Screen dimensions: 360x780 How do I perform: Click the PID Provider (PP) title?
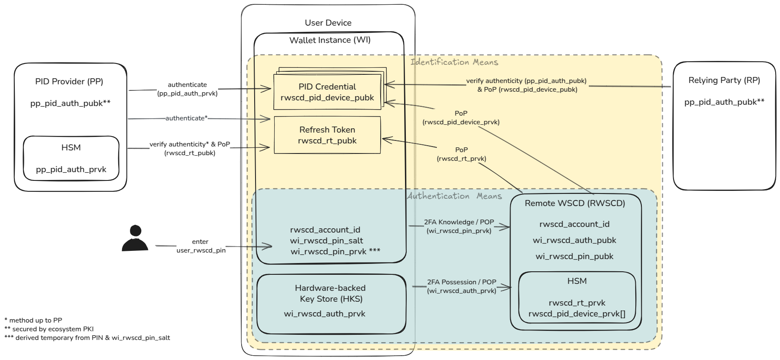point(69,82)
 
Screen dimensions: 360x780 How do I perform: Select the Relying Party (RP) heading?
point(724,80)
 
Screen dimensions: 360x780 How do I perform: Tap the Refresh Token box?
point(327,135)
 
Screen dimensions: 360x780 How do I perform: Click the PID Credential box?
point(327,92)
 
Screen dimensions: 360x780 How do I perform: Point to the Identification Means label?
point(454,62)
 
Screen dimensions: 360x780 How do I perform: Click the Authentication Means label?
point(454,196)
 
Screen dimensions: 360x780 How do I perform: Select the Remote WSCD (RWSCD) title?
point(575,203)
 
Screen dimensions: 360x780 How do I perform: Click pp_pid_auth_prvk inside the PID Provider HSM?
point(71,170)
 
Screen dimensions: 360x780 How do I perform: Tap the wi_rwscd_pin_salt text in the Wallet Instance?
point(326,241)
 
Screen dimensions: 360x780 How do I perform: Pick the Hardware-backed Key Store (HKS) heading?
point(330,293)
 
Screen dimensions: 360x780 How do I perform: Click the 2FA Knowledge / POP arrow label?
point(459,226)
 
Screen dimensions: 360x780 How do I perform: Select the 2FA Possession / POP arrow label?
point(461,286)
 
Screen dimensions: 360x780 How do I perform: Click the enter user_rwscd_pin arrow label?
point(201,246)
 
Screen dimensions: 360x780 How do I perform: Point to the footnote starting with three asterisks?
point(87,338)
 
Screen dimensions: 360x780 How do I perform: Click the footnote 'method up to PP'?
point(33,320)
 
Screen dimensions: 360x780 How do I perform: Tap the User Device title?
point(328,23)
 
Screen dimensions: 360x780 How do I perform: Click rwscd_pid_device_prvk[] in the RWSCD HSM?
point(577,314)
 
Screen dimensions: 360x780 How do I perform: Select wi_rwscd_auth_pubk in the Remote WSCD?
point(574,240)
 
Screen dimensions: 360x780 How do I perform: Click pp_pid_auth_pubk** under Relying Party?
point(724,102)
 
